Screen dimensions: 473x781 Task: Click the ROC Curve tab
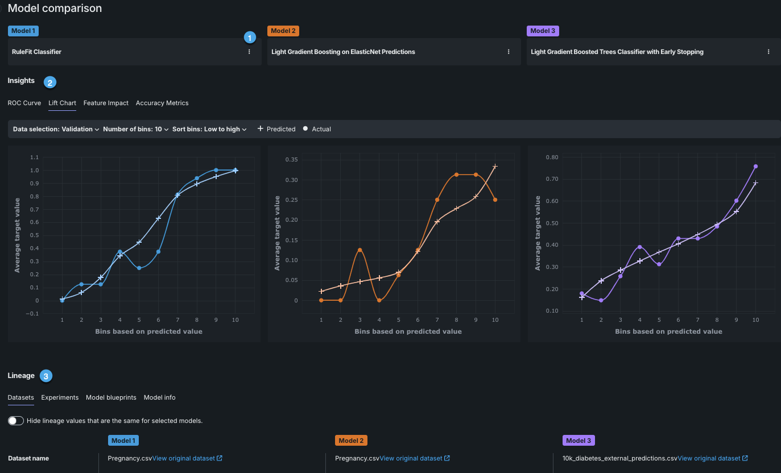24,103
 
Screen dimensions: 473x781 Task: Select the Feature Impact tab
106,103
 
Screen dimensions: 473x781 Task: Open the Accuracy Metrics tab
162,103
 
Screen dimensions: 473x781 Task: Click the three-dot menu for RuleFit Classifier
249,52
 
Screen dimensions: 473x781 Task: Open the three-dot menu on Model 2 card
509,52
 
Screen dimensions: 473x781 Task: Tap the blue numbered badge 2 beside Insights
49,82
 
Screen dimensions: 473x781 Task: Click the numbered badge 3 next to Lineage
46,376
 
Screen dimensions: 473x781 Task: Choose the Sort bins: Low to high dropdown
209,129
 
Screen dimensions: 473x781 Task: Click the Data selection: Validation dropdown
56,129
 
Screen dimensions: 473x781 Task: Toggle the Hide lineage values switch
16,421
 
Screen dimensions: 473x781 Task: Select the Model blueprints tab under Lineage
111,397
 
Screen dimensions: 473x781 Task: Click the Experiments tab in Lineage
60,397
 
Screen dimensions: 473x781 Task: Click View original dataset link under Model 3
712,458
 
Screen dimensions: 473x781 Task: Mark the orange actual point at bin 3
359,250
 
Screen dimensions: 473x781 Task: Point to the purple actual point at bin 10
755,167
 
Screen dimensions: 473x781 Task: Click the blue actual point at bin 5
139,268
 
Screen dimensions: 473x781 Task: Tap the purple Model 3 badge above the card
543,31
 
